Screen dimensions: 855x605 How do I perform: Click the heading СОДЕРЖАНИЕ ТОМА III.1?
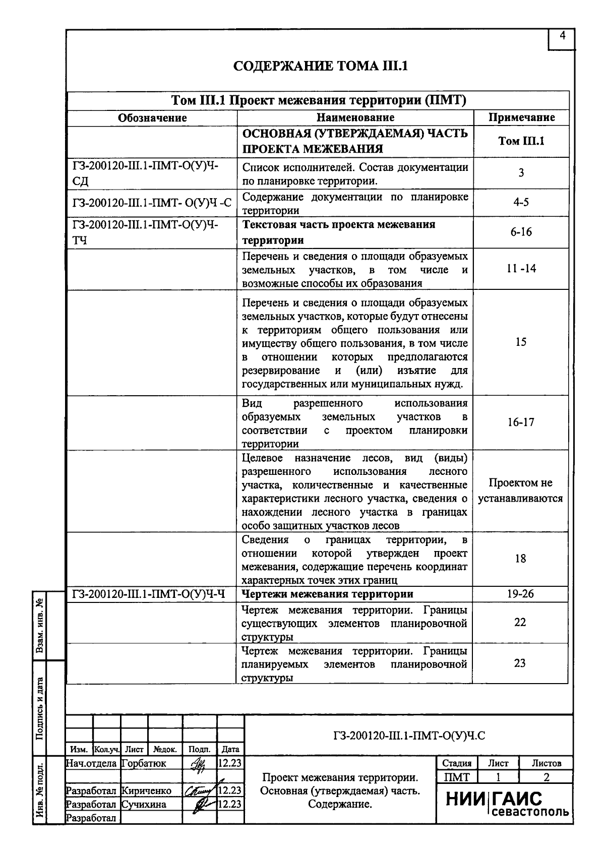(321, 66)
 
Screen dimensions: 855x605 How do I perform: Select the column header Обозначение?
(152, 118)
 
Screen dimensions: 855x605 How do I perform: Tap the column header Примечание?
(521, 118)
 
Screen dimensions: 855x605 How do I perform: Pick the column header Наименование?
(355, 118)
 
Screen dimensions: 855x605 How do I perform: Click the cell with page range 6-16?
(521, 232)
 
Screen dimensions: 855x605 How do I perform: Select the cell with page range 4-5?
(521, 203)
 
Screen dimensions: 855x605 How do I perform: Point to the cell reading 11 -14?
(521, 269)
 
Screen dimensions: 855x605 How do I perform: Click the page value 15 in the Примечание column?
(521, 342)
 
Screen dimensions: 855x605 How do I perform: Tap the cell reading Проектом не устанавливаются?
(521, 491)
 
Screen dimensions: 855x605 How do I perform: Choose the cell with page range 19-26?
(520, 594)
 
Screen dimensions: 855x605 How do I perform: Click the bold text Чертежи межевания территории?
(328, 594)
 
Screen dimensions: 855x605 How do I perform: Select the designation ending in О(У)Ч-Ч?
(148, 594)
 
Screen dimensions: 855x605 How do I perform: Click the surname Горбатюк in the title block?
(144, 763)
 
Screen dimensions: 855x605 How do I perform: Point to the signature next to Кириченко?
(200, 790)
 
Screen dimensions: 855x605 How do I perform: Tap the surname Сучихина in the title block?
(144, 804)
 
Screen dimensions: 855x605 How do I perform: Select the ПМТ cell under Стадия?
(457, 777)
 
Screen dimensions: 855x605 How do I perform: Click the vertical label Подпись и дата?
(39, 708)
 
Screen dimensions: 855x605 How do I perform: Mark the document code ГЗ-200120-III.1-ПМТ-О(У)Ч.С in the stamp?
(409, 736)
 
